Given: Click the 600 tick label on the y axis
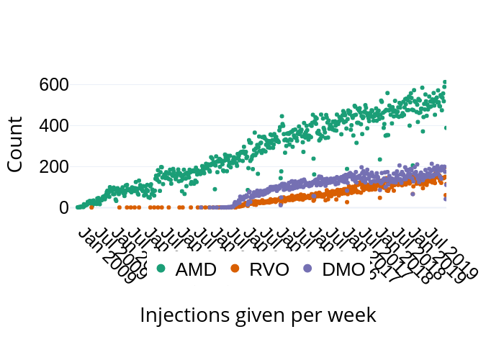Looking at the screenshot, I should tap(53, 85).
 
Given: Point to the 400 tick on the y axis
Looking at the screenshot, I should tap(53, 126).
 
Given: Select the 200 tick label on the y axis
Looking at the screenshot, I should tap(53, 167).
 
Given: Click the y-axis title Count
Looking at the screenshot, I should tap(16, 144).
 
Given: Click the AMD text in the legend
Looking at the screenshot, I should tap(196, 270).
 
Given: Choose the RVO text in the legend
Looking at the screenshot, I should tap(269, 270).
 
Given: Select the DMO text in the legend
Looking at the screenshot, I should tap(343, 270).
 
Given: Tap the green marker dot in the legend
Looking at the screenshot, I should tap(161, 269).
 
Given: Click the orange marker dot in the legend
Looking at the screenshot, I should tap(234, 269).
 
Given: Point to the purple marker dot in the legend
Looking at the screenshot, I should tap(307, 269).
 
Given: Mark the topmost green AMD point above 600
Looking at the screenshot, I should tap(445, 82).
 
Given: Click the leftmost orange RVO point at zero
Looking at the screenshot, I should tap(91, 207).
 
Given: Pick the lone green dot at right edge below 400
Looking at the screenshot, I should tap(446, 128).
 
